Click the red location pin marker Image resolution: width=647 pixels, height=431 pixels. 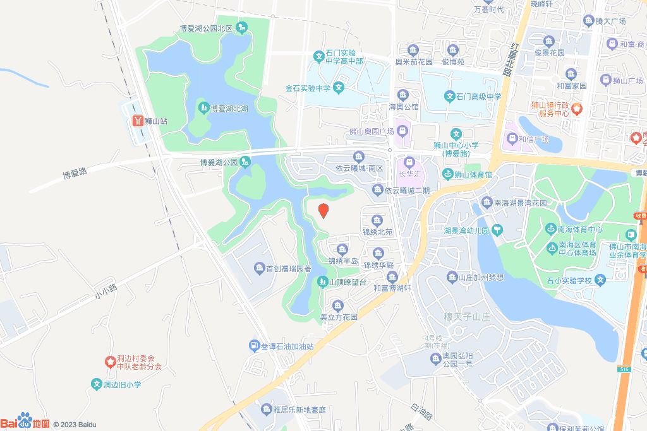323,211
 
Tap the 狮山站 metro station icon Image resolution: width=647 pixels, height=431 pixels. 138,120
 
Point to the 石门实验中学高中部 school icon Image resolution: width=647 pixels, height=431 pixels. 320,57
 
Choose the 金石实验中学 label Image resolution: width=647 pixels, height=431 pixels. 308,88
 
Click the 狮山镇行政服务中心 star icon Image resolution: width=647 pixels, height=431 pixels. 577,109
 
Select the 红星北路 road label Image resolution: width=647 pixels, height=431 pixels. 507,59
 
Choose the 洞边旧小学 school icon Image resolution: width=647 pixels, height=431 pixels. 97,384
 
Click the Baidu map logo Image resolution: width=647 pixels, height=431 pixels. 25,422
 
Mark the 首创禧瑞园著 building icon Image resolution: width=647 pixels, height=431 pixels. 259,269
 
